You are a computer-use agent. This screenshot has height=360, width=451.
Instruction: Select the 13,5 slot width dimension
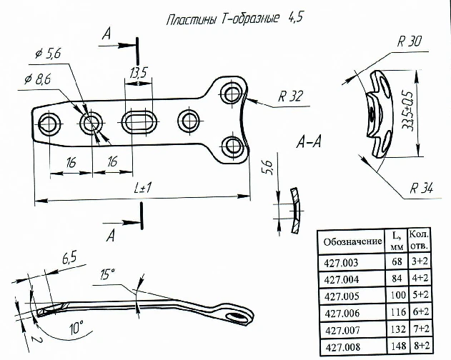[x=139, y=72]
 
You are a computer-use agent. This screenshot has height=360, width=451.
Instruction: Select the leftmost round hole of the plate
[x=51, y=123]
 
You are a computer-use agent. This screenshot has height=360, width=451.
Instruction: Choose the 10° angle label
[x=76, y=327]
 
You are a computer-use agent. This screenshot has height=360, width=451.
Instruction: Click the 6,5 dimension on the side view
[x=69, y=256]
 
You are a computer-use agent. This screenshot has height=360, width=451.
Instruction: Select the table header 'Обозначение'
[x=353, y=241]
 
